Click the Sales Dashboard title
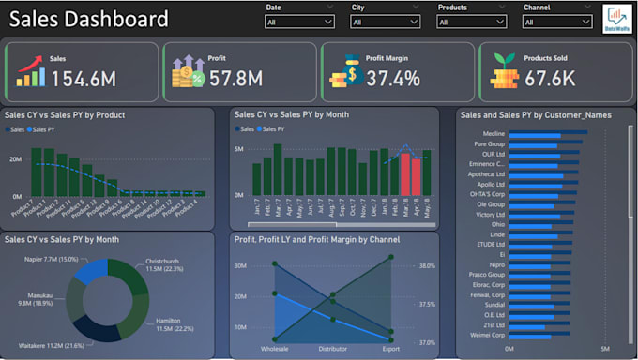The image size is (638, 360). click(x=89, y=19)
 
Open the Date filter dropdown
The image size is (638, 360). click(x=299, y=21)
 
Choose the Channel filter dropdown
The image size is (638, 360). click(x=556, y=21)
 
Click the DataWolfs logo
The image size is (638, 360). click(x=616, y=18)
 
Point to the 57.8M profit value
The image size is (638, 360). click(x=235, y=79)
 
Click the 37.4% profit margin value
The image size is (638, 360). click(x=393, y=79)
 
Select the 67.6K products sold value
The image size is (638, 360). click(x=550, y=79)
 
